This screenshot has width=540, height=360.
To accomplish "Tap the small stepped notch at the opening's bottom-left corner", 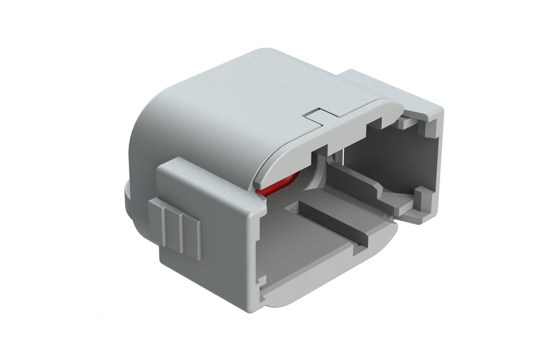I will click(262, 280).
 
